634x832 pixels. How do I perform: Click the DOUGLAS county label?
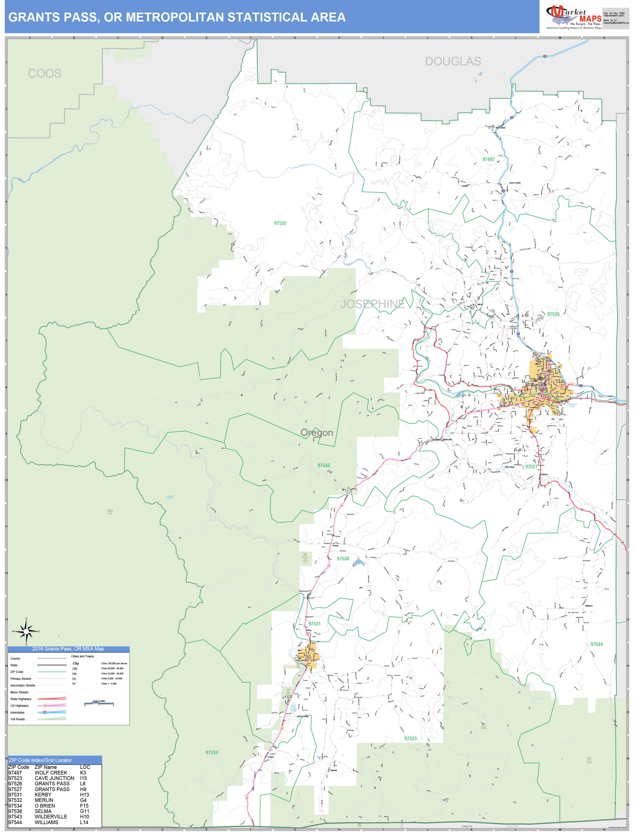click(x=453, y=61)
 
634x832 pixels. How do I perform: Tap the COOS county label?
click(x=45, y=73)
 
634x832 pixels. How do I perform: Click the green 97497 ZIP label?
click(x=488, y=159)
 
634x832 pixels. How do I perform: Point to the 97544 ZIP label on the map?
click(x=596, y=644)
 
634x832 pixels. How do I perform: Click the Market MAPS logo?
click(x=574, y=17)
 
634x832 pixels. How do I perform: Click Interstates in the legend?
click(x=17, y=712)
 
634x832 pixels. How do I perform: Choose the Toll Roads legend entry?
click(x=17, y=719)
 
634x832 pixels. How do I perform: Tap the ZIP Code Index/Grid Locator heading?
click(x=40, y=760)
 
